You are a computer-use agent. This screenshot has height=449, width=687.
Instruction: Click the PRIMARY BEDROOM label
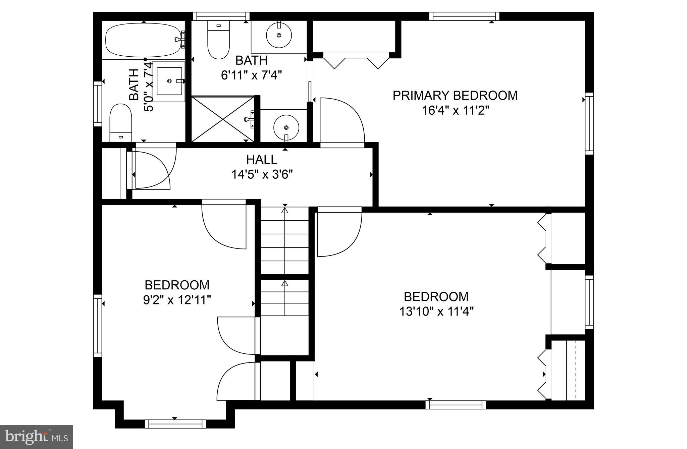click(455, 96)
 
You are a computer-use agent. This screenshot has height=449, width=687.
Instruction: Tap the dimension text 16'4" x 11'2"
click(455, 110)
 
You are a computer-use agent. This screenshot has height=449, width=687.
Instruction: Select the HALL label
click(262, 160)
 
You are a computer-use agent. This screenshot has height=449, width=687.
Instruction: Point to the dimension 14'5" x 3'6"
click(262, 174)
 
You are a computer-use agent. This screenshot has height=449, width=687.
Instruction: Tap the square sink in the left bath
click(170, 81)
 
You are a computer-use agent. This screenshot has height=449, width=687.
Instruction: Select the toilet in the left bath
click(121, 122)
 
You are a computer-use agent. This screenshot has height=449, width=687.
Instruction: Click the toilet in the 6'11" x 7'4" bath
click(218, 40)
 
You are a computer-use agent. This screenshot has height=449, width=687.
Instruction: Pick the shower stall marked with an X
click(223, 119)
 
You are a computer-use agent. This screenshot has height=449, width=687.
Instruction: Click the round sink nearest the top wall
click(279, 35)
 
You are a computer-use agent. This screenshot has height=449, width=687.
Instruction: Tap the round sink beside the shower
click(286, 127)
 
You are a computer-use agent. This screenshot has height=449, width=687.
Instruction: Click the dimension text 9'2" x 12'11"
click(177, 299)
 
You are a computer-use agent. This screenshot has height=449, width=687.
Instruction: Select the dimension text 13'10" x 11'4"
click(436, 312)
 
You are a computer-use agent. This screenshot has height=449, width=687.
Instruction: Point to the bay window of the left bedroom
click(175, 424)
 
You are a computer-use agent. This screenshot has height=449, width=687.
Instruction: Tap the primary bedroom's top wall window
click(464, 16)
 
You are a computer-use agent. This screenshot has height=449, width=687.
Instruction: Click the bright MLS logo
click(36, 437)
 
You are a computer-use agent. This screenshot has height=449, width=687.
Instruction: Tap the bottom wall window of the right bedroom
click(456, 405)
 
